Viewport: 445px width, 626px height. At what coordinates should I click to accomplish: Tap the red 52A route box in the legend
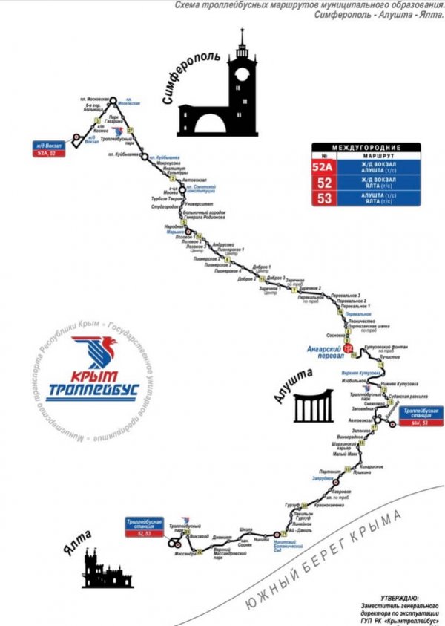click(323, 168)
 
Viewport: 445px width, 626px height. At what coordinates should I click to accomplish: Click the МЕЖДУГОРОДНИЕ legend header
click(366, 148)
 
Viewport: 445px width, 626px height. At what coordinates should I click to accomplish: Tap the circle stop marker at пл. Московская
click(114, 97)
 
